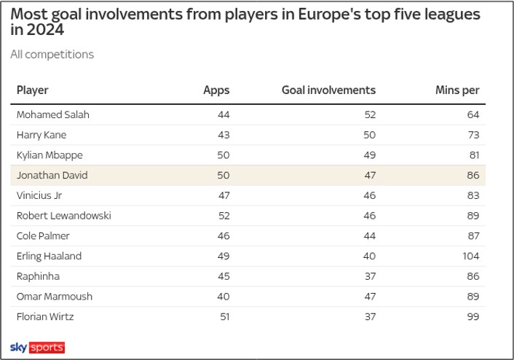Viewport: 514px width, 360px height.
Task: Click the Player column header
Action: click(x=32, y=90)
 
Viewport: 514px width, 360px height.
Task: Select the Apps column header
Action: click(x=216, y=90)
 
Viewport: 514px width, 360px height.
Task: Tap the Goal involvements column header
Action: click(x=328, y=90)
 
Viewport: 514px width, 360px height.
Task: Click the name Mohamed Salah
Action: click(x=52, y=114)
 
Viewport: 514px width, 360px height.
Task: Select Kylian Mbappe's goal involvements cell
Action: click(x=368, y=155)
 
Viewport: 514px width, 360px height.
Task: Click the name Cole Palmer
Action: click(x=44, y=236)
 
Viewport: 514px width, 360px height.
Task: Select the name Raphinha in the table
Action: click(x=38, y=276)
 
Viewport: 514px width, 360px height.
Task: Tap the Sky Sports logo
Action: click(x=37, y=347)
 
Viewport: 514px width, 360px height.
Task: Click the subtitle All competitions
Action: click(x=52, y=54)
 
